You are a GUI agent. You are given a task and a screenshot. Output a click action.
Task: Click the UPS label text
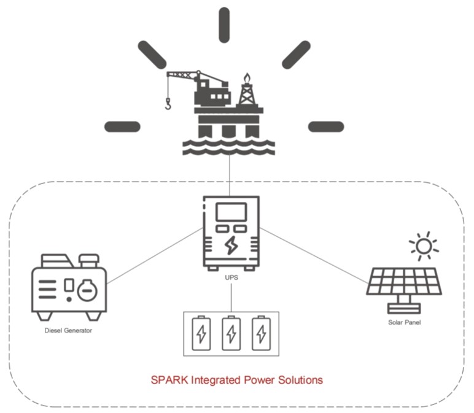coord(231,278)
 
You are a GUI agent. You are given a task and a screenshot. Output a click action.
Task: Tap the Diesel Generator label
coord(68,331)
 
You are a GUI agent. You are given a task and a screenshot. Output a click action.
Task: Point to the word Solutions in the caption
coord(301,380)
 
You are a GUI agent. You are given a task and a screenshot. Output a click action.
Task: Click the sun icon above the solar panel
coord(424,246)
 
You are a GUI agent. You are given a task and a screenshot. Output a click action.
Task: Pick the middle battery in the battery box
coord(231,334)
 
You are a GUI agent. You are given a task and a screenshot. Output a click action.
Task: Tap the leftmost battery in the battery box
coord(201,334)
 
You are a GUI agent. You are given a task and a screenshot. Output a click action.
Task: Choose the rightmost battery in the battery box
coord(261,334)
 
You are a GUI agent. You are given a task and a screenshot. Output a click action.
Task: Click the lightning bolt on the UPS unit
coord(231,245)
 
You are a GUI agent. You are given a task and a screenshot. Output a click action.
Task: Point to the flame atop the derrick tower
coord(247,78)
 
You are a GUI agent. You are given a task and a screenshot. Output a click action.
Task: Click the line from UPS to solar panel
coord(313,257)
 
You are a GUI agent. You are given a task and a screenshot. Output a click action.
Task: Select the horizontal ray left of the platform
coord(122,126)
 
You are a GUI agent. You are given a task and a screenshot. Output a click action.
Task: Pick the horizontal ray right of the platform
coord(325,126)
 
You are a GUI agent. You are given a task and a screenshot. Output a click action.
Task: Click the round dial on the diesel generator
coord(87,290)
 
